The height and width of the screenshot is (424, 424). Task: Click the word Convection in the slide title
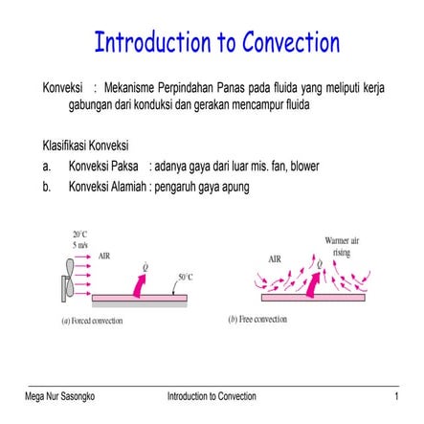(283, 44)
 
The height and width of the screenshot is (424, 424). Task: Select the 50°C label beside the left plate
(186, 276)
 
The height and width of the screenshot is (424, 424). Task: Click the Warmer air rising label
(338, 246)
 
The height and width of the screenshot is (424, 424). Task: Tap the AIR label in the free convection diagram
(275, 258)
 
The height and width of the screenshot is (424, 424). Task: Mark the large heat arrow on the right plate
(311, 282)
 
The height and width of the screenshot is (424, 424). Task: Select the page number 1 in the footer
(410, 394)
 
